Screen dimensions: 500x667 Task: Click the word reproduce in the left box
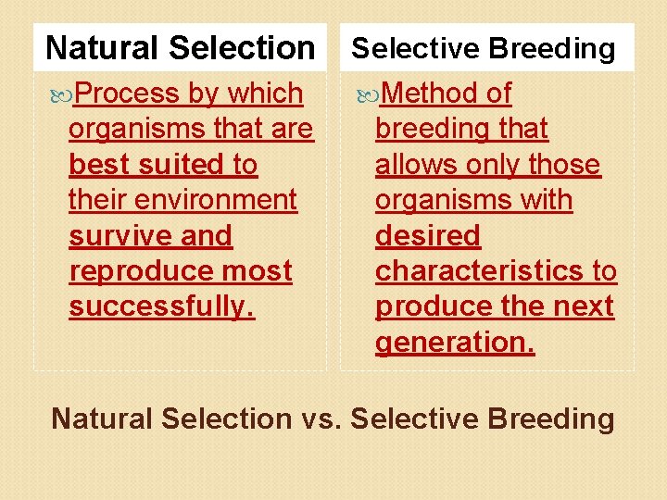tap(137, 271)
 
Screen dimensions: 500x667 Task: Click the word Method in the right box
tap(429, 94)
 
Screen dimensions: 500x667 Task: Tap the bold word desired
tap(428, 236)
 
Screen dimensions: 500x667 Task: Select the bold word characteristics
tap(478, 271)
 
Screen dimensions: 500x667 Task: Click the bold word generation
tap(455, 343)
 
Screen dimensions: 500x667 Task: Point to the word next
tap(583, 306)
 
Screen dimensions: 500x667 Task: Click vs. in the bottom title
tap(321, 419)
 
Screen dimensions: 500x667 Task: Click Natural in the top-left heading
tap(102, 47)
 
